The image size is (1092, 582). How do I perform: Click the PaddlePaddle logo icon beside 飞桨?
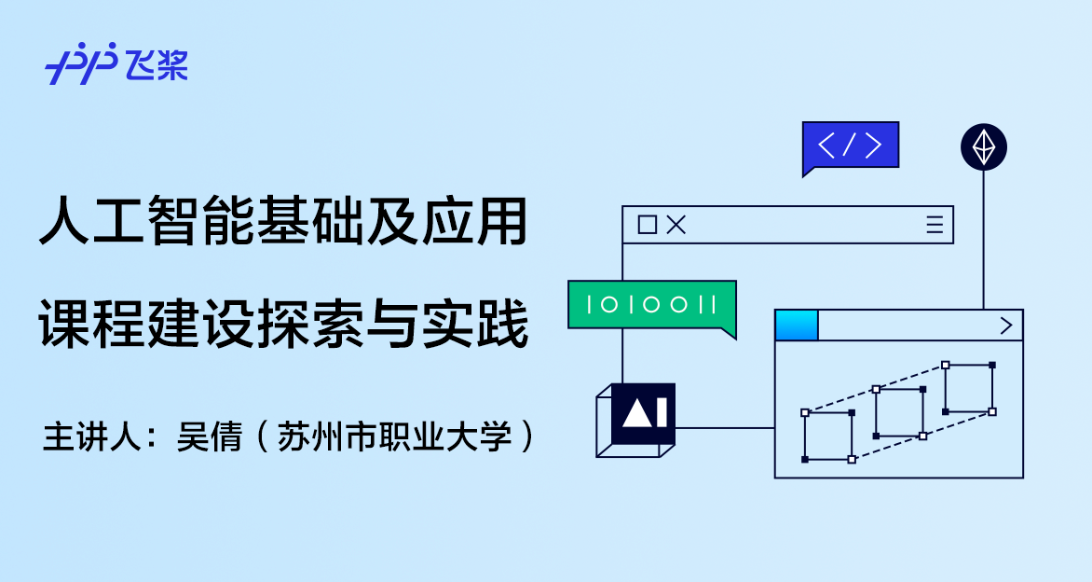[80, 62]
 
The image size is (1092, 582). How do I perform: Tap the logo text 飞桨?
[157, 63]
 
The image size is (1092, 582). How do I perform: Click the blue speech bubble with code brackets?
[850, 145]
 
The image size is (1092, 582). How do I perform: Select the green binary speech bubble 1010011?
[651, 304]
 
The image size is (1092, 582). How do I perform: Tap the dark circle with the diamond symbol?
[983, 146]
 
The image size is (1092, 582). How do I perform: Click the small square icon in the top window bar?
[647, 225]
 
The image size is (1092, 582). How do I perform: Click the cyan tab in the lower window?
[797, 326]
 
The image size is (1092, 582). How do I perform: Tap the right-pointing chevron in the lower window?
[1005, 326]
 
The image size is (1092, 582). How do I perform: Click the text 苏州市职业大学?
[395, 437]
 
